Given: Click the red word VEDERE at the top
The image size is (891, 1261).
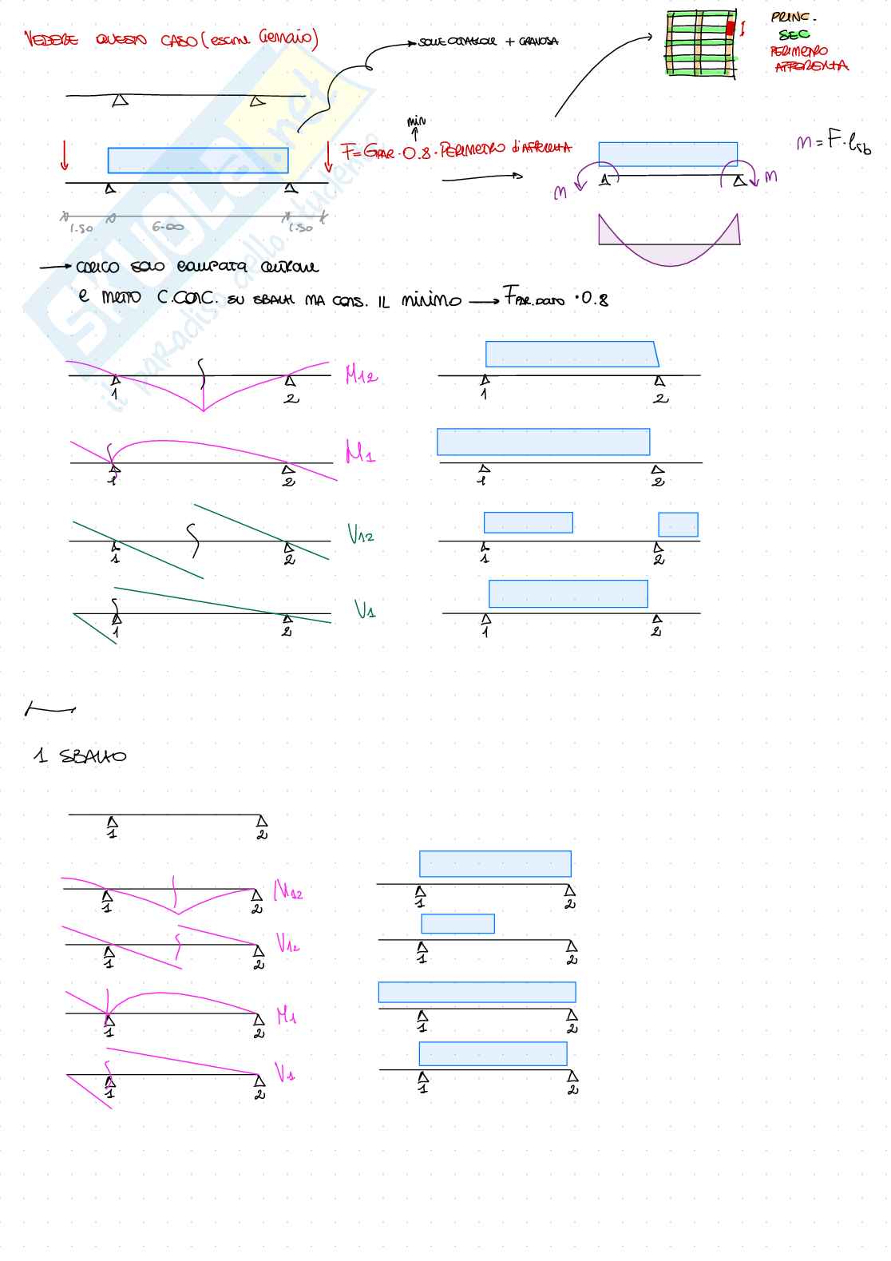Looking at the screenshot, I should click(x=51, y=39).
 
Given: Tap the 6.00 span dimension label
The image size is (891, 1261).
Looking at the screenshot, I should click(x=168, y=228).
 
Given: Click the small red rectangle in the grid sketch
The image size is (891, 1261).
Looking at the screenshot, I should click(x=730, y=28).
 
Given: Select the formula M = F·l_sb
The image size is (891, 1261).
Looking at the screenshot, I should click(x=833, y=143).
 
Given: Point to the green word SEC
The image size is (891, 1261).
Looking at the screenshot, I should click(x=794, y=34).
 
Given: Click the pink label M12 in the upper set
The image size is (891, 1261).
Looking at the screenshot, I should click(x=361, y=375).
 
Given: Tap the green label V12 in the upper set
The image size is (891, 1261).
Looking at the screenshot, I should click(x=361, y=534).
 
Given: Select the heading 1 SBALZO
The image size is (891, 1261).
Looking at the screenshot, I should click(x=81, y=755).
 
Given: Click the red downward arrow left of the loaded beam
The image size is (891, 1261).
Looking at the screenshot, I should click(x=65, y=156).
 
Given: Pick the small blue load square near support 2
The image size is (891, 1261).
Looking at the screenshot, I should click(x=678, y=525).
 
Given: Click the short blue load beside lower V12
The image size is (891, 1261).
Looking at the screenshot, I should click(x=457, y=923).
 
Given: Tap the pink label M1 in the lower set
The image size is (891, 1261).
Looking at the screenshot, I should click(x=287, y=1016).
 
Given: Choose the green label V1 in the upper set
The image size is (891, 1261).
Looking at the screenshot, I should click(x=365, y=610).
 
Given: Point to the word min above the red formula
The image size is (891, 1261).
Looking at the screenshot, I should click(x=416, y=121).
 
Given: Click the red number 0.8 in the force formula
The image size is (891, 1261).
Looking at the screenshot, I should click(x=416, y=153).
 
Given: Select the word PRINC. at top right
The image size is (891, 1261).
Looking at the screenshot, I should click(x=793, y=17).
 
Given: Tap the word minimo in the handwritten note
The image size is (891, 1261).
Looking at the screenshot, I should click(x=431, y=300).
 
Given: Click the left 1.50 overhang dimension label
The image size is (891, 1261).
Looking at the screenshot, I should click(x=81, y=228).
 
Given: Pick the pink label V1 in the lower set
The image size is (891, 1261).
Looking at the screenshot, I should click(x=285, y=1073).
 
